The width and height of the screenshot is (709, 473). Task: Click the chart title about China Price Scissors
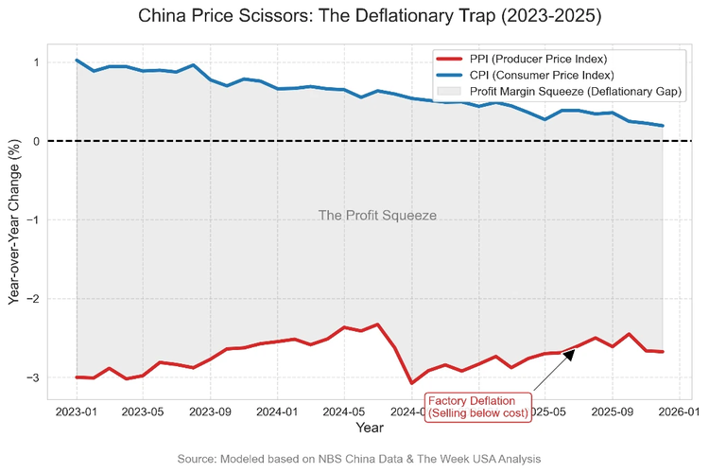[x=354, y=17]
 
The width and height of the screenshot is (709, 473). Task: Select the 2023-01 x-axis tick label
[x=77, y=412]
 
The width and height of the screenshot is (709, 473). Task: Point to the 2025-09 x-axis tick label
[x=613, y=412]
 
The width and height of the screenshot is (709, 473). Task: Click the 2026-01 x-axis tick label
[x=680, y=412]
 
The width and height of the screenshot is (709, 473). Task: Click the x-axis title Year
[x=370, y=429]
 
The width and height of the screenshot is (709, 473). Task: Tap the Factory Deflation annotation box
[x=476, y=407]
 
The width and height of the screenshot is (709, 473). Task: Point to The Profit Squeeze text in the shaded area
[x=377, y=216]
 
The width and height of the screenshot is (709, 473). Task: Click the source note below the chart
[x=359, y=458]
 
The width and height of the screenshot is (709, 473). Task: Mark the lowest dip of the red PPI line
[x=411, y=382]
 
